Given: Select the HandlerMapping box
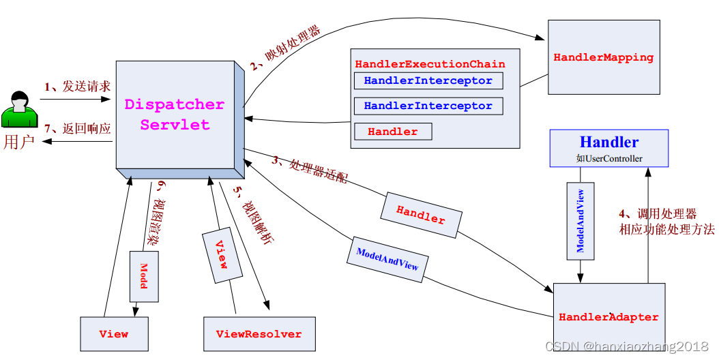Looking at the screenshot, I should click(x=604, y=57).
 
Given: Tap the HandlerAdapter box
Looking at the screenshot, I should click(x=608, y=316).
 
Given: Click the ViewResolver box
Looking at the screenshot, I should click(x=259, y=334).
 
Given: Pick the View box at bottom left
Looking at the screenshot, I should click(x=113, y=334).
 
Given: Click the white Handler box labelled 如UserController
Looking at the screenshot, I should click(x=609, y=148).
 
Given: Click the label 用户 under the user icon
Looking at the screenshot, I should click(x=18, y=142).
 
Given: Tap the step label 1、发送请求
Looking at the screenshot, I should click(x=77, y=87).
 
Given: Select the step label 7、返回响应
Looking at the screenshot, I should click(x=77, y=128).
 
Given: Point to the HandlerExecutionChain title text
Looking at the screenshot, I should click(x=430, y=64).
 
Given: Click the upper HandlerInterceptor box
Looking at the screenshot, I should click(x=428, y=80).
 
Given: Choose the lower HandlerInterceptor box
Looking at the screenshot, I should click(x=428, y=106).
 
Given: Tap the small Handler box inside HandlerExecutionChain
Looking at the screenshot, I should click(x=392, y=132).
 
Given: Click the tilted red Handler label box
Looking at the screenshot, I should click(x=421, y=215).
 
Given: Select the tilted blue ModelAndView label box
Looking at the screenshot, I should click(x=387, y=258).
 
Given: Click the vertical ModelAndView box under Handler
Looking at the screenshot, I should click(x=581, y=221).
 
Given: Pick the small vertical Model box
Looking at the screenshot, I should click(x=144, y=275).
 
